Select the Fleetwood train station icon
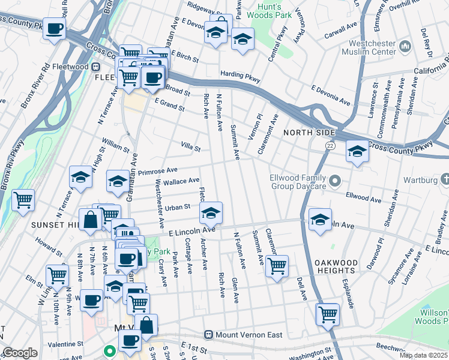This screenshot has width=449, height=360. click(x=95, y=67)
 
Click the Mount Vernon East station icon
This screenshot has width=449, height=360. click(x=209, y=334)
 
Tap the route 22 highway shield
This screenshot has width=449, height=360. click(x=330, y=146)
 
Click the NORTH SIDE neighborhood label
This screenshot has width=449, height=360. click(x=308, y=132)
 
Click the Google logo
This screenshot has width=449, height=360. click(x=20, y=353)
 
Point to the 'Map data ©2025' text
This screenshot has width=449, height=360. click(x=423, y=355)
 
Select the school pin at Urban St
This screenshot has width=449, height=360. click(x=210, y=213)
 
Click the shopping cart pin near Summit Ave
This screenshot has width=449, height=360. click(x=277, y=266)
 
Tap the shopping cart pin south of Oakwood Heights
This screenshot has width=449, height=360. click(x=328, y=314)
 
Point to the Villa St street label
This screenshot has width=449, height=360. click(x=191, y=146)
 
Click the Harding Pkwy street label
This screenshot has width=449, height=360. click(x=240, y=76)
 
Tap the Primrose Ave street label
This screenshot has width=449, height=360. click(x=158, y=172)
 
